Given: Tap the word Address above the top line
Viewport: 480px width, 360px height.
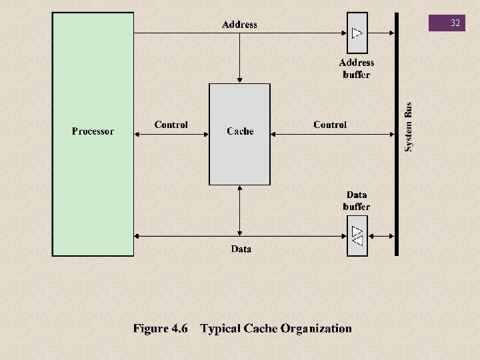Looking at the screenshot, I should click(x=239, y=25).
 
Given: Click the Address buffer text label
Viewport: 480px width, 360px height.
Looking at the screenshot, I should click(x=357, y=69).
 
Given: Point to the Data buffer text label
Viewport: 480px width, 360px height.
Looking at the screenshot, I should click(x=357, y=201).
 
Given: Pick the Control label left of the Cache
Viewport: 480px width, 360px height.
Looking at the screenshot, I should click(x=171, y=125).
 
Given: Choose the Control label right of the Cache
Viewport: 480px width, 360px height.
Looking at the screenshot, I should click(x=330, y=125).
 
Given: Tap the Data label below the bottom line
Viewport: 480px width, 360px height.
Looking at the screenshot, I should click(x=241, y=249).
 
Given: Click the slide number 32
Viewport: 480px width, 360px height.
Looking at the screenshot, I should click(x=455, y=23).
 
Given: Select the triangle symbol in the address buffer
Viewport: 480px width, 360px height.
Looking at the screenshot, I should click(x=357, y=33).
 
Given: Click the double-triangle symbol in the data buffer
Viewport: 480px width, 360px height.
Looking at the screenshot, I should click(x=357, y=235).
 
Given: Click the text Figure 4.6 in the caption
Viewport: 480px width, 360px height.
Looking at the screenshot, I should click(x=161, y=328).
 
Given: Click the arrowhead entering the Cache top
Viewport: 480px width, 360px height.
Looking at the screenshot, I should click(x=239, y=80).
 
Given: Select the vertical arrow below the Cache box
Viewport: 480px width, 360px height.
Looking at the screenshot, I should click(x=239, y=210).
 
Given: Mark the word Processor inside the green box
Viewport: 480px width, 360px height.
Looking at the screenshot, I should click(x=93, y=131).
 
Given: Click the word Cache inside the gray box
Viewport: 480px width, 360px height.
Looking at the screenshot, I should click(x=240, y=131).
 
